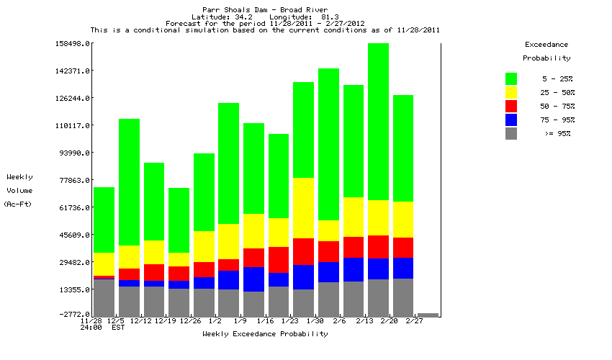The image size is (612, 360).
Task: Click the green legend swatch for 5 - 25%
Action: tap(511, 78)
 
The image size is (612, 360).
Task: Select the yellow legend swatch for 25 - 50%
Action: tap(511, 92)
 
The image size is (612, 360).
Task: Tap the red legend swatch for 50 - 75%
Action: tap(511, 106)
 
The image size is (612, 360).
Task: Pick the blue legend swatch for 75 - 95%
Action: tap(511, 120)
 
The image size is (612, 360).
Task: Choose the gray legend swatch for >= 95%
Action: tap(511, 133)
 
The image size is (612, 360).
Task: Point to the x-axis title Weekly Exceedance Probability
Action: tap(265, 334)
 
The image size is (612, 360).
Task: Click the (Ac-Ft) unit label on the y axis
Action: tap(15, 204)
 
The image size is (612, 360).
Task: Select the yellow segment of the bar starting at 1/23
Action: tap(303, 207)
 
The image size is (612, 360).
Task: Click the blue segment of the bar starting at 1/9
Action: tap(253, 279)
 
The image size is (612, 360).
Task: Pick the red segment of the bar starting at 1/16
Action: tap(279, 260)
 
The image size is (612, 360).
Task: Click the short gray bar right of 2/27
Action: tap(428, 315)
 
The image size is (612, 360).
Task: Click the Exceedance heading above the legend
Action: tap(546, 45)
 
